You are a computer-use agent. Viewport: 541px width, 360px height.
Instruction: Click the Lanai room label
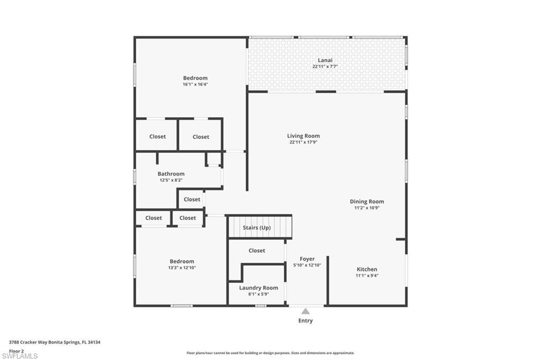point(325,60)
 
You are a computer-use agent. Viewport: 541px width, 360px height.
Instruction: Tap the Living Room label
point(303,136)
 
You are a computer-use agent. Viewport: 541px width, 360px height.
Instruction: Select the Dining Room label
point(367,202)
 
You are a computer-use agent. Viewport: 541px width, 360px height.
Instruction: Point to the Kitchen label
point(367,269)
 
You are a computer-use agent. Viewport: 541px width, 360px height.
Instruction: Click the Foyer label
point(307,259)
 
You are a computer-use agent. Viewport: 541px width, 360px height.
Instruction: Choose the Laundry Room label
point(258,288)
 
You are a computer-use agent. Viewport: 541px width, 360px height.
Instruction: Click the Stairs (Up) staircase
point(260,227)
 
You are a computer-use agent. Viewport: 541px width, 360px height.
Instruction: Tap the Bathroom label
point(171,174)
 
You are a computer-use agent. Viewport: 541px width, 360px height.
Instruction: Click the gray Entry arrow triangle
point(305,311)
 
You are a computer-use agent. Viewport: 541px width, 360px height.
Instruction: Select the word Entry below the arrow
point(305,321)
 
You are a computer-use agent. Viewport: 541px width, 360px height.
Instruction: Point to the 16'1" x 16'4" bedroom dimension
point(195,84)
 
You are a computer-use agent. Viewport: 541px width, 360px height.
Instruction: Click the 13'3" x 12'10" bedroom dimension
point(182,268)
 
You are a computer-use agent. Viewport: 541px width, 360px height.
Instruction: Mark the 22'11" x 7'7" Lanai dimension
point(325,67)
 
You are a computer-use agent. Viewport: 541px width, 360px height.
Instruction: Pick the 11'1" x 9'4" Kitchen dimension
point(367,276)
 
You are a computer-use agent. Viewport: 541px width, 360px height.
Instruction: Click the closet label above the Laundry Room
point(257,251)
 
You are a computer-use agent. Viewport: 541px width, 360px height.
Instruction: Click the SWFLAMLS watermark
point(20,356)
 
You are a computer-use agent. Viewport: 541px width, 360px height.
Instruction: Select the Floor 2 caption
point(16,351)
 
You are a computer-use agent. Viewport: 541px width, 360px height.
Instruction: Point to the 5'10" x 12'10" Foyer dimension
point(307,265)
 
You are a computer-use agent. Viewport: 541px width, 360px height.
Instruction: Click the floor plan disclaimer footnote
point(270,353)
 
